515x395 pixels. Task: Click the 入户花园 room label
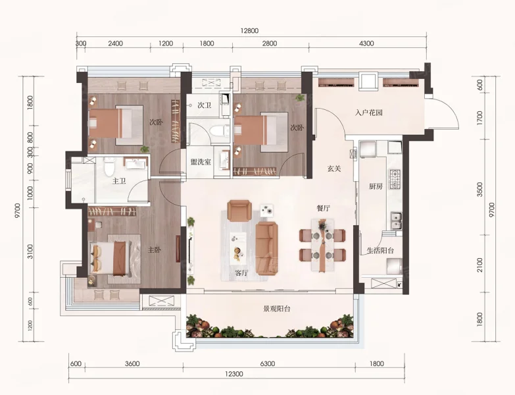click(368, 113)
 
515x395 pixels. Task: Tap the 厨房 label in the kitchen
click(376, 186)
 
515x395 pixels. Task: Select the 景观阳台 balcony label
click(277, 309)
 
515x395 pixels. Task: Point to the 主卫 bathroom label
click(119, 181)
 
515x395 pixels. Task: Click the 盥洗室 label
click(201, 162)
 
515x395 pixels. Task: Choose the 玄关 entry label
click(334, 169)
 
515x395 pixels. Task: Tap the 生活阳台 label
click(380, 250)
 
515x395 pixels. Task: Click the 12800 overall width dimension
click(250, 31)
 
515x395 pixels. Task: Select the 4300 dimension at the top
click(366, 43)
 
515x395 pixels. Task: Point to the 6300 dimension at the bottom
click(267, 364)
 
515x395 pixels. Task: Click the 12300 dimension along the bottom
click(234, 374)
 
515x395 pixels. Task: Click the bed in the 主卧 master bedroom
click(110, 258)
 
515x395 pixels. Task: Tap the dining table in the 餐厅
click(322, 246)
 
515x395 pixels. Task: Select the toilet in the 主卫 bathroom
click(109, 167)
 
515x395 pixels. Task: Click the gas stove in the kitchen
click(395, 179)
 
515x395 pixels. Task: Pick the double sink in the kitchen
click(397, 221)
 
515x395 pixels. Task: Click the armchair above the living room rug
click(240, 211)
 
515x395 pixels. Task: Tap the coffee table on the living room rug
click(238, 248)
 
